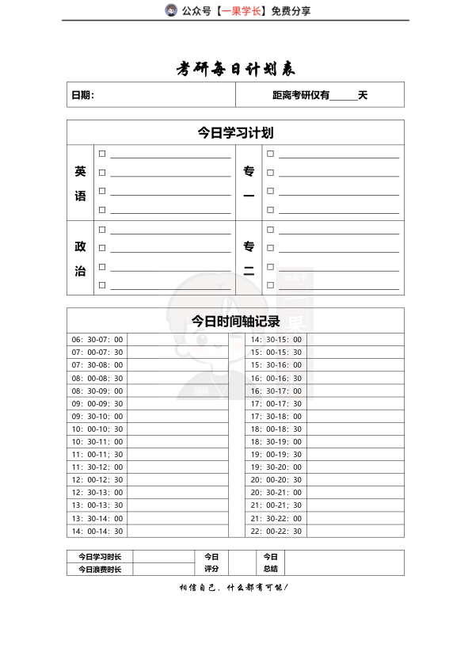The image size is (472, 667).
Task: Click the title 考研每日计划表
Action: (235, 70)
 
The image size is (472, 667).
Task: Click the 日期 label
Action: (82, 96)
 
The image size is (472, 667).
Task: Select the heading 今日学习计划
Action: (235, 133)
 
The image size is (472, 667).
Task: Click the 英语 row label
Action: (80, 183)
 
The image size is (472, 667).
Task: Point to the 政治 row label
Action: (80, 258)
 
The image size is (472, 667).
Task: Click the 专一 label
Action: (249, 183)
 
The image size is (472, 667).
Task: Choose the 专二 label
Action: (249, 258)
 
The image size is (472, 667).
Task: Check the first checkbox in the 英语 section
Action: (102, 153)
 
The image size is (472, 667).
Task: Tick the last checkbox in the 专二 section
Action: (270, 285)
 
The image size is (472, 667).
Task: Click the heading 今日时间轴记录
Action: (235, 321)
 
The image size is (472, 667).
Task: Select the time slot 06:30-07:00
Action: (97, 340)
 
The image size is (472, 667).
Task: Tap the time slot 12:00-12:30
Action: (97, 480)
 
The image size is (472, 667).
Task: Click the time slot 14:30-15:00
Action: (276, 340)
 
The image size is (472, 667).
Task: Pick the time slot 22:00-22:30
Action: (276, 531)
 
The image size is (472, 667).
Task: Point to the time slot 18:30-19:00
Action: (276, 442)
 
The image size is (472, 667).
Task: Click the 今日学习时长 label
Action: (100, 557)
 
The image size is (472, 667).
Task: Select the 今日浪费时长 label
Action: (100, 570)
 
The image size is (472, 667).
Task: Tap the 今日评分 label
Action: (211, 562)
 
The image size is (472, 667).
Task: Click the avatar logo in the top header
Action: (170, 10)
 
